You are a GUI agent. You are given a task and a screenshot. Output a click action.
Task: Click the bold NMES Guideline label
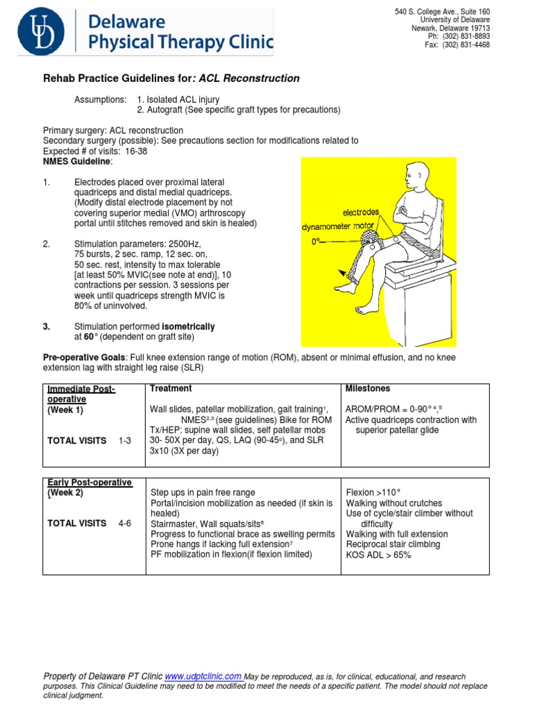[x=76, y=161]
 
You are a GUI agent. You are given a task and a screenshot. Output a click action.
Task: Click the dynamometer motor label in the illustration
[x=339, y=226]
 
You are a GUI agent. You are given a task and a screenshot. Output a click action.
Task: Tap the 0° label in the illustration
[x=316, y=242]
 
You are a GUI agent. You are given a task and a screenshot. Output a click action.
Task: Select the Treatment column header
[x=171, y=389]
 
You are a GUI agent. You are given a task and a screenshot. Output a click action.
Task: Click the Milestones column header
[x=367, y=389]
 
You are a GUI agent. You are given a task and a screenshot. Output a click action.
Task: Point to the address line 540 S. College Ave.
[x=442, y=12]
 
